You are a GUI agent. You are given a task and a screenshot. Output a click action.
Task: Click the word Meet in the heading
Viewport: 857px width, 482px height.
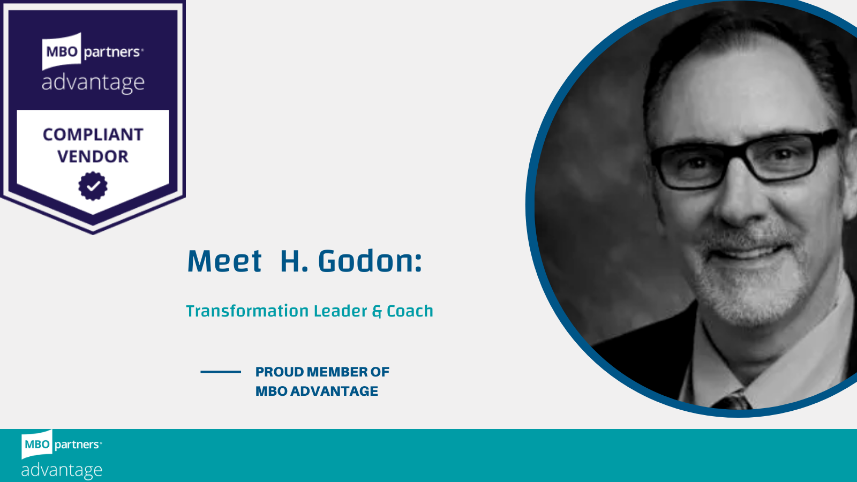224,261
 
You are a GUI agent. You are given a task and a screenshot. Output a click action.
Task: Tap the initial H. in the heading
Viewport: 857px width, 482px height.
294,261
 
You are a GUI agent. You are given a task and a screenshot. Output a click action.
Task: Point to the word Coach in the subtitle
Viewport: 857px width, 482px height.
410,311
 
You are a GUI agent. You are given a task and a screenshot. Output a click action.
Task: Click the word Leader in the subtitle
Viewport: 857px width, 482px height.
340,311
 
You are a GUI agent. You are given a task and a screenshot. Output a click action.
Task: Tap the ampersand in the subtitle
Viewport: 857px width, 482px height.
377,312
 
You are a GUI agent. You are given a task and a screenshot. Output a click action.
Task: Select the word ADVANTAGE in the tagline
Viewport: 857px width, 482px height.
334,391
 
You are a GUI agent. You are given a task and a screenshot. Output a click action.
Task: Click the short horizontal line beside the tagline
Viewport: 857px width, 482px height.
221,372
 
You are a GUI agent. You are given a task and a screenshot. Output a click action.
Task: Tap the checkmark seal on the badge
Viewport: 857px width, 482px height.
93,186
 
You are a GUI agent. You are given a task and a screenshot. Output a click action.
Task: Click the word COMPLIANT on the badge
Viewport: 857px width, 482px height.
93,134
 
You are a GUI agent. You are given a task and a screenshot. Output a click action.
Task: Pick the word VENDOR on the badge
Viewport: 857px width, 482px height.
93,156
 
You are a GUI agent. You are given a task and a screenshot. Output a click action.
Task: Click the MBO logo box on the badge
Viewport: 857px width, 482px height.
62,51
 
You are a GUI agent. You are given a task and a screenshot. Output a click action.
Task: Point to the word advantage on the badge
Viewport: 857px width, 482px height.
93,82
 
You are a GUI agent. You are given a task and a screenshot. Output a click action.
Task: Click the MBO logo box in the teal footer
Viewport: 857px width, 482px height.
37,444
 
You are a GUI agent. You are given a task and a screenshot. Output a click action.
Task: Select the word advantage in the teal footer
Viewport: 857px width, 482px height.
62,470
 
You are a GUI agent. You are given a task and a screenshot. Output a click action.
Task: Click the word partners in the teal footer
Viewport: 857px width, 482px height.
77,445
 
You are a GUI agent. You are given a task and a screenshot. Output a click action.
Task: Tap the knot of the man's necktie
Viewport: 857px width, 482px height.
732,402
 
